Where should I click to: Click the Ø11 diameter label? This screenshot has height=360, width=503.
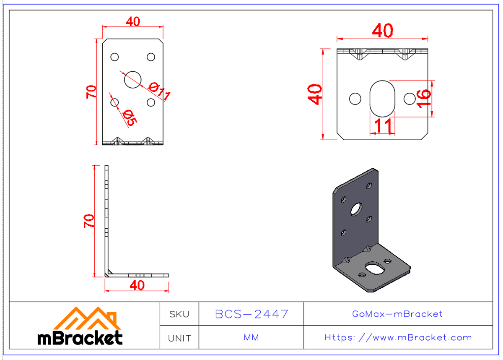(159, 92)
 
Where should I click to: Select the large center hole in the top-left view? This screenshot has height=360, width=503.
(132, 79)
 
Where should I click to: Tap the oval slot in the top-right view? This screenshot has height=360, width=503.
(382, 99)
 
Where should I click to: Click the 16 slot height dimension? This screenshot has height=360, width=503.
(424, 98)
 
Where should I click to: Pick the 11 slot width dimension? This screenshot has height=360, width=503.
(382, 125)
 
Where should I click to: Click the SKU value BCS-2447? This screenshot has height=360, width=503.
(251, 314)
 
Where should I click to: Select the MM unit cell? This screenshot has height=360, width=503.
(251, 337)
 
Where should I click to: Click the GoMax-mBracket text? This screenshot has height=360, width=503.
(398, 314)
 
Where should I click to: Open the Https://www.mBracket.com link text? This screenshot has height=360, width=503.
(398, 337)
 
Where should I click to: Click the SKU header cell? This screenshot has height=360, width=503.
(179, 314)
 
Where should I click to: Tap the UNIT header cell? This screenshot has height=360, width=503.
(179, 338)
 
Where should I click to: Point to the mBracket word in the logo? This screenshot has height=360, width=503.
(80, 338)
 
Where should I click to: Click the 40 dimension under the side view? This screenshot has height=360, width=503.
(137, 285)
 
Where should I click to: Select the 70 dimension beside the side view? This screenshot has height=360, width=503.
(89, 221)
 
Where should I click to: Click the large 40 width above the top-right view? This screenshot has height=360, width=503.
(383, 30)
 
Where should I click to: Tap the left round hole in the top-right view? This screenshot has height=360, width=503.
(355, 99)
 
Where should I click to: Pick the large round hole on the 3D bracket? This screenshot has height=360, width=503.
(357, 209)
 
